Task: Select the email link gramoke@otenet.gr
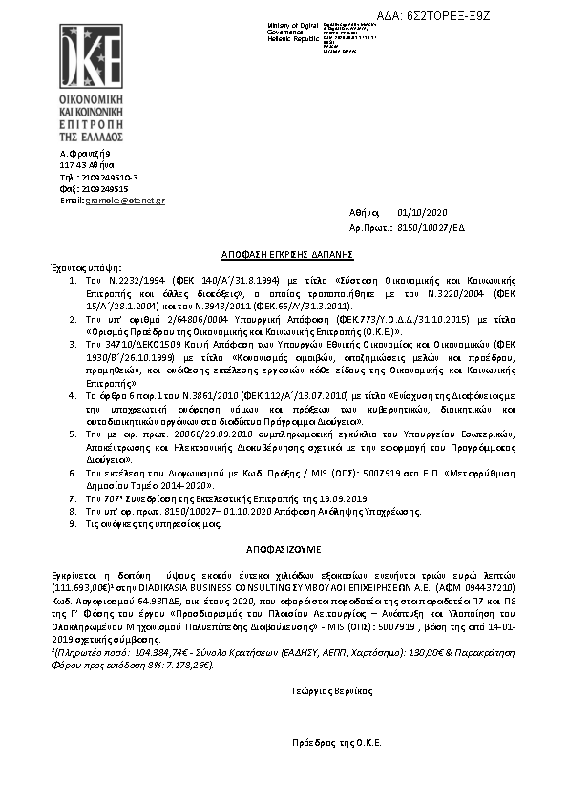coord(125,201)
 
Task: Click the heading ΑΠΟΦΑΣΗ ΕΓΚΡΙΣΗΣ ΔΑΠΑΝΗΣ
coord(287,255)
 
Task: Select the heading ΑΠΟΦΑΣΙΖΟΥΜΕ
coord(287,550)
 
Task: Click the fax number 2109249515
coord(105,189)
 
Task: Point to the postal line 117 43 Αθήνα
coord(86,164)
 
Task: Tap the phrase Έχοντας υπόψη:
coord(79,269)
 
